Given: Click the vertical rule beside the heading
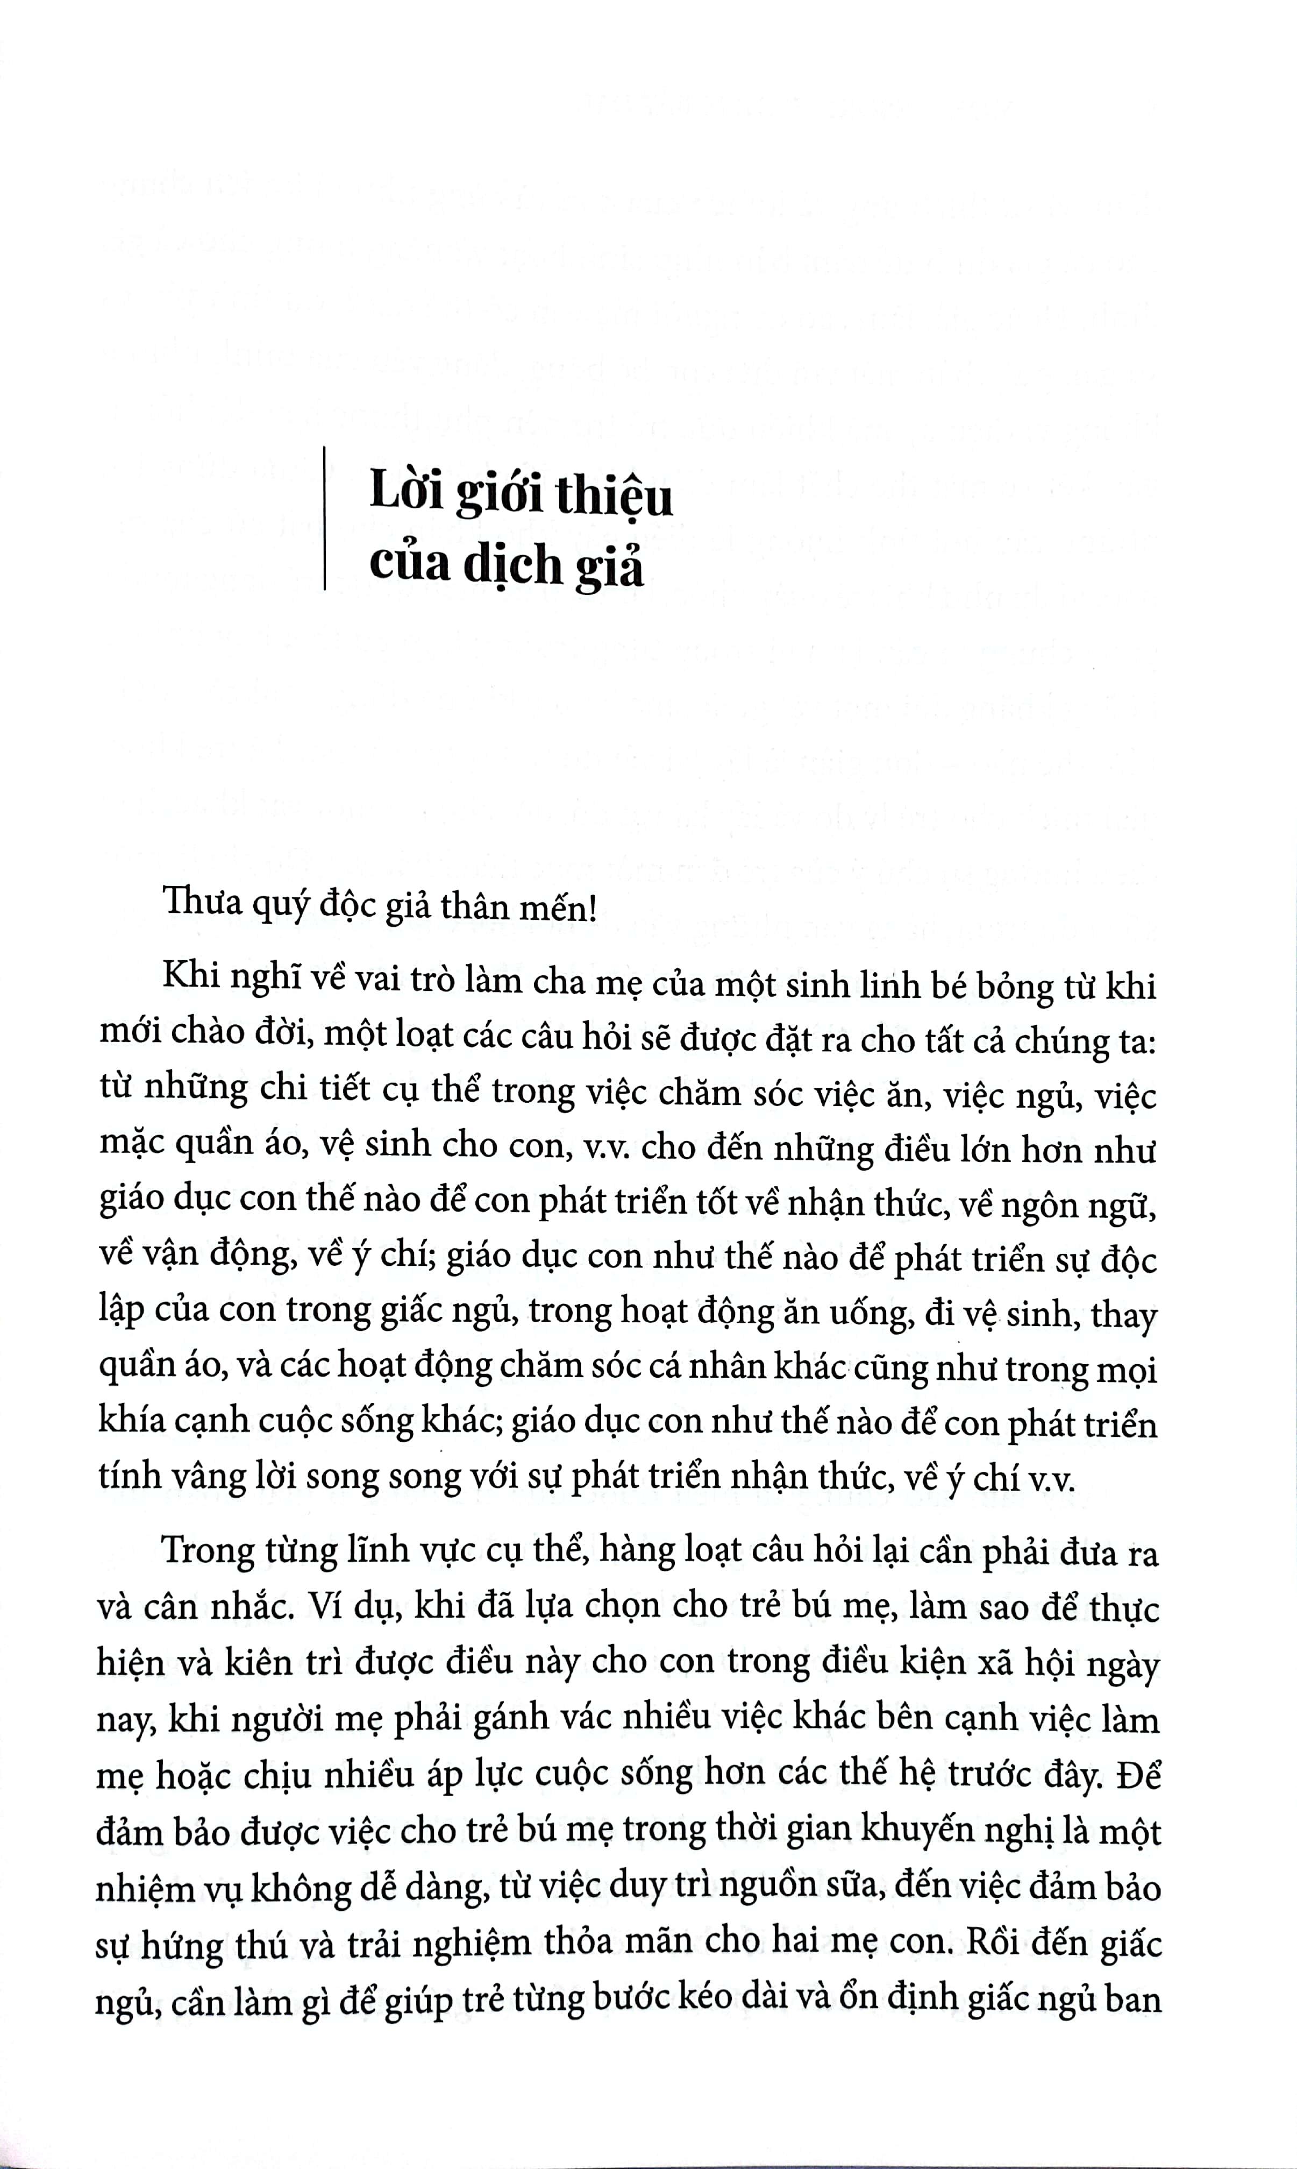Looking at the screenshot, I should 324,519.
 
